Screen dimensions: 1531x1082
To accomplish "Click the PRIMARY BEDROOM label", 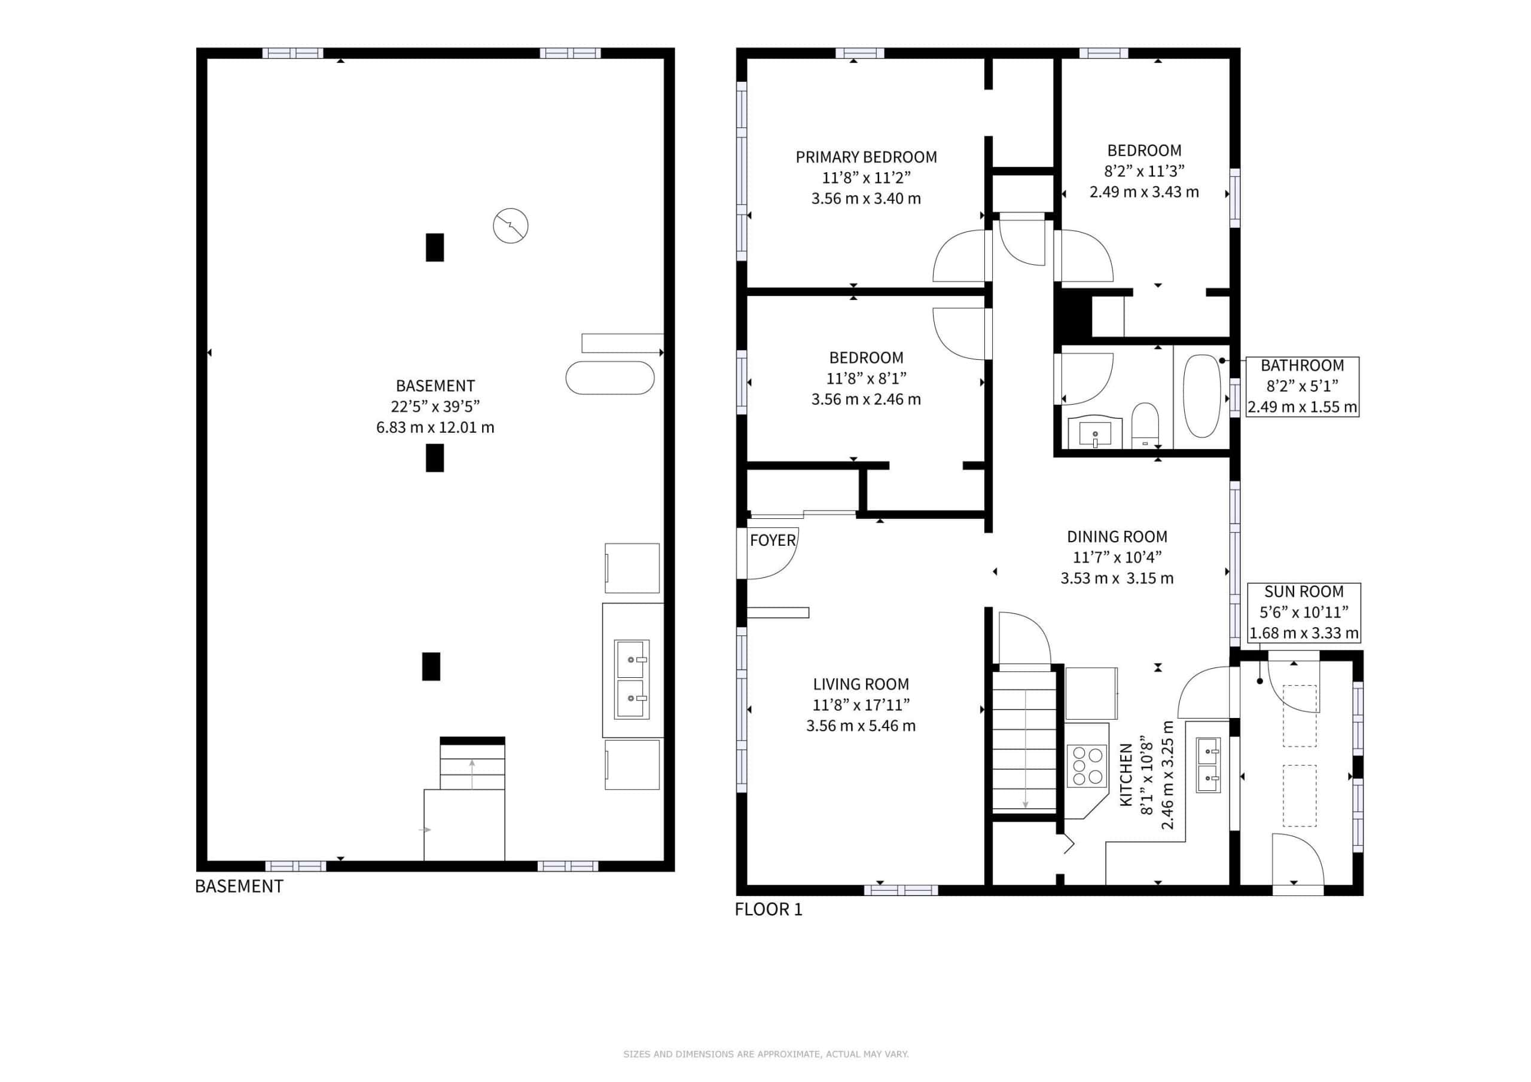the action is click(x=866, y=157).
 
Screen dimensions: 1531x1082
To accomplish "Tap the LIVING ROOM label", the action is click(x=861, y=684).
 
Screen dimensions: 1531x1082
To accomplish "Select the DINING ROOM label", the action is click(x=1117, y=537).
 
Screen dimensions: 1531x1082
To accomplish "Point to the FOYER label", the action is click(x=773, y=540).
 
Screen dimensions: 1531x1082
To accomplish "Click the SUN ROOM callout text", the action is click(x=1304, y=591).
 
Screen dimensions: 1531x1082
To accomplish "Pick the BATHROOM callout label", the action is click(x=1303, y=365).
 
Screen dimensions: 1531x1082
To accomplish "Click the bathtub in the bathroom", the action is click(x=1201, y=396).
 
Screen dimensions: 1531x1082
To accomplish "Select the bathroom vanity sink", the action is click(x=1095, y=433).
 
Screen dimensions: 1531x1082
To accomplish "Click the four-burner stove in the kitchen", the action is click(x=1086, y=766).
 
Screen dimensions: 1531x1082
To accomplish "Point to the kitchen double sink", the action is click(x=1208, y=765).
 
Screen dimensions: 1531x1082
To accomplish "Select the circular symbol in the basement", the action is click(x=511, y=226).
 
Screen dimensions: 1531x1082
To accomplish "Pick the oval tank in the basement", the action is click(x=610, y=378).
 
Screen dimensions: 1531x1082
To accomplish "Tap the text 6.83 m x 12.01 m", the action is click(x=435, y=427).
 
